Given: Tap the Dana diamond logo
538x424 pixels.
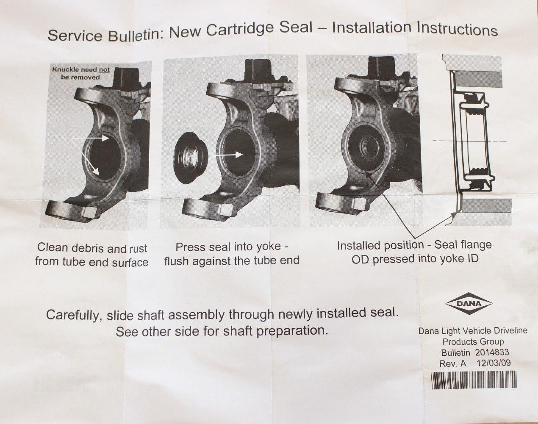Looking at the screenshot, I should point(469,303).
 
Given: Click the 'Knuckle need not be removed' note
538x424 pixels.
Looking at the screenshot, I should point(80,73).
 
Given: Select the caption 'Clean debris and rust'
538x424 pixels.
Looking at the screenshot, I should point(92,248).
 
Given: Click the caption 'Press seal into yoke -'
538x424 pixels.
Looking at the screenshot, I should point(232,247).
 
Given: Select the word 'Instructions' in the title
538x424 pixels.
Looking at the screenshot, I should point(458,29).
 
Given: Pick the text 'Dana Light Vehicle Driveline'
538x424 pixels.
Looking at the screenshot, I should point(473,330).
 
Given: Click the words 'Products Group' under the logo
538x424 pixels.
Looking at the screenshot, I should point(473,341).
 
